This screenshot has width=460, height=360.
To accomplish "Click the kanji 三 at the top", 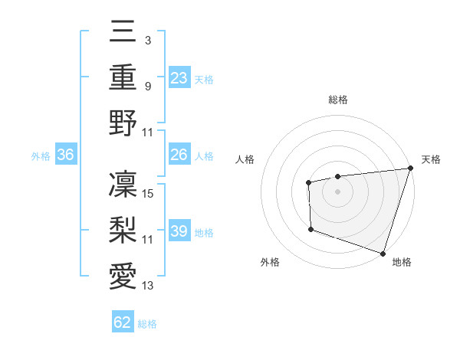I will (x=123, y=34).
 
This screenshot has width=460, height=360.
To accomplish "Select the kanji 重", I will (x=123, y=78).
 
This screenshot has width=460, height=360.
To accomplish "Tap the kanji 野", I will (x=123, y=122).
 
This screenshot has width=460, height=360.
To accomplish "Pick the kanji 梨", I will (x=123, y=228).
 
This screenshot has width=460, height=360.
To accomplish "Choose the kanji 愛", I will (x=123, y=273).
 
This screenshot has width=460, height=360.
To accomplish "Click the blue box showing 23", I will (x=179, y=78).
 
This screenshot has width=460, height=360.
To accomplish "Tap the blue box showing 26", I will (x=179, y=155).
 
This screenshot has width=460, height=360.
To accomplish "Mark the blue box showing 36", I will (x=66, y=155).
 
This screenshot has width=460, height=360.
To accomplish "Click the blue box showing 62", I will (x=123, y=322).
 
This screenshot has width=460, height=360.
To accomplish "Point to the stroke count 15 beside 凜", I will (x=149, y=194).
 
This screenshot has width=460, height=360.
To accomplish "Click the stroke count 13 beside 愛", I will (x=148, y=285).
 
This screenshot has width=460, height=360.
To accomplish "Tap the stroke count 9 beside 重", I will (x=147, y=87).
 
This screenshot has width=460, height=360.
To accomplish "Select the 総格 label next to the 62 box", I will (x=147, y=323).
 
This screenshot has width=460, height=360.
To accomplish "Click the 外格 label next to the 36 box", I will (x=41, y=156).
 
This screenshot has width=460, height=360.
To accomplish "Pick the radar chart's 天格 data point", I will (x=410, y=169).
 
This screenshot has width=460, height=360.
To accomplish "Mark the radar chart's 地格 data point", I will (x=382, y=253).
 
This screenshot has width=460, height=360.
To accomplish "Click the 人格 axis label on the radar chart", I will (x=245, y=159).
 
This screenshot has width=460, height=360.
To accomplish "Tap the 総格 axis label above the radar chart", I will (x=338, y=100).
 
